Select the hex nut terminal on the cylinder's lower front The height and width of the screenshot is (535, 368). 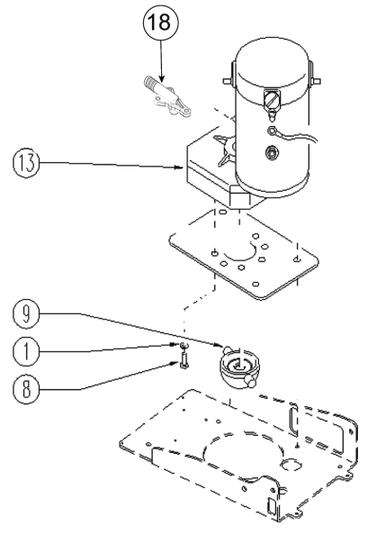tap(269, 154)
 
